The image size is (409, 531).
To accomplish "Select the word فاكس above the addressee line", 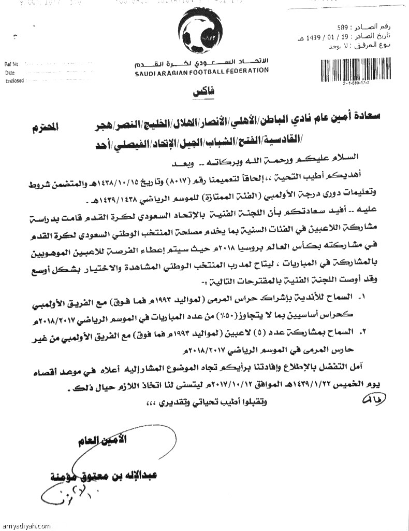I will [x=203, y=92].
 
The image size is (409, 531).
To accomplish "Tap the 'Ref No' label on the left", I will [x=11, y=64].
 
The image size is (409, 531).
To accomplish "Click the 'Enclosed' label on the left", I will [x=14, y=81].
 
